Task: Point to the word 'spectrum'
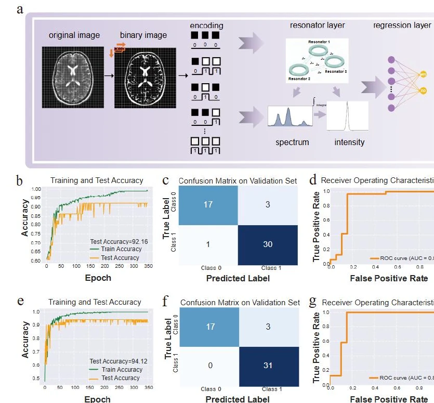[x=292, y=142]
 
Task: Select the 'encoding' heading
[x=206, y=25]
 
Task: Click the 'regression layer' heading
[x=402, y=25]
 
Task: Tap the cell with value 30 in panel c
[x=268, y=244]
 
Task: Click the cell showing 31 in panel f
[x=268, y=365]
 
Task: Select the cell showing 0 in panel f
[x=209, y=365]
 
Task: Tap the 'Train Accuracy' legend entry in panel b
[x=121, y=249]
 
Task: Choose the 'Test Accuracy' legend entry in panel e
[x=120, y=378]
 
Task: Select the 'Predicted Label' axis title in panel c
[x=238, y=278]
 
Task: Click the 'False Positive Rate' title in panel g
[x=389, y=399]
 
